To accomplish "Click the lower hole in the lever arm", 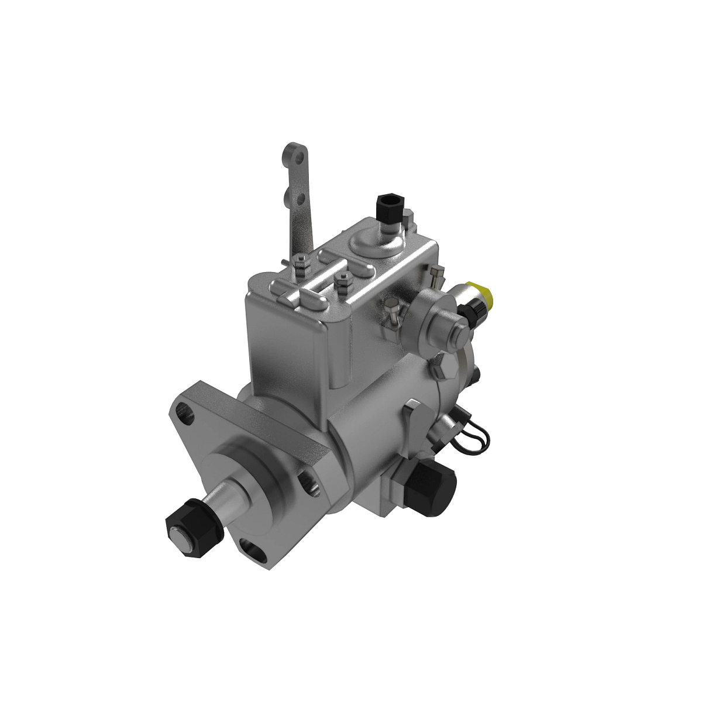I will coord(300,199).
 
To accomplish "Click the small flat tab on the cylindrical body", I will coord(412,415).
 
